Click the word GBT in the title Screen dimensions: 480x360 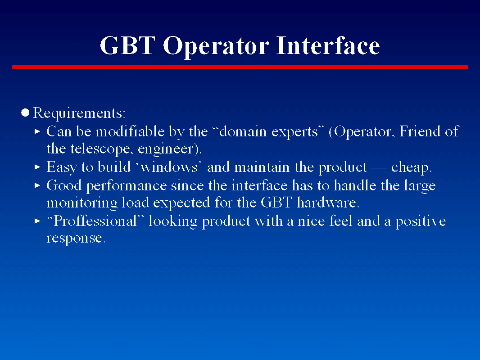point(127,45)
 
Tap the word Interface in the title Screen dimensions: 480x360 point(328,45)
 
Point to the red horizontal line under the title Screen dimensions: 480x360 point(240,67)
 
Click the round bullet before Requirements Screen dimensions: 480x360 point(25,112)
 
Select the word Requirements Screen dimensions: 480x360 point(79,113)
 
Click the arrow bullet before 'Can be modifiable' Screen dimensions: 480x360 point(37,131)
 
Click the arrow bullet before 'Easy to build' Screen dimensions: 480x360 point(37,167)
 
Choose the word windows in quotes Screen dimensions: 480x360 point(169,167)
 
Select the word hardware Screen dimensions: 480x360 point(326,202)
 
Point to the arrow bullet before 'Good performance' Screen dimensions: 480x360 point(37,185)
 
